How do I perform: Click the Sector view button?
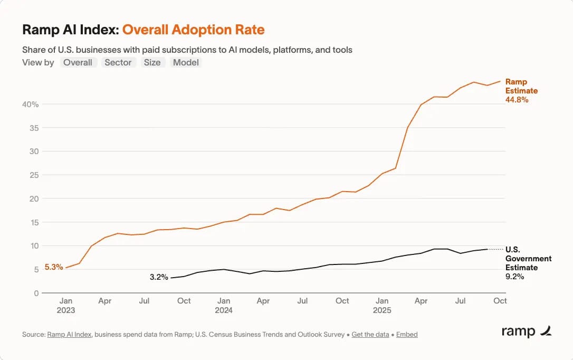118,62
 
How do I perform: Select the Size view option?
152,62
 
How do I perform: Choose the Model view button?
186,62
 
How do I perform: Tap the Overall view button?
78,62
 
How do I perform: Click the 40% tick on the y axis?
31,105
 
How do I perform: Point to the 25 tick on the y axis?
34,175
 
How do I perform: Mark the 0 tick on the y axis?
36,293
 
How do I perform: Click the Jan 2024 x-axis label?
224,305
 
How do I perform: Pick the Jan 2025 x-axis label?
382,305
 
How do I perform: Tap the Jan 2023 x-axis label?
66,305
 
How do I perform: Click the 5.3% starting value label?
53,267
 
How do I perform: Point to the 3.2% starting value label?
158,277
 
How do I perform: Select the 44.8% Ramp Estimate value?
517,99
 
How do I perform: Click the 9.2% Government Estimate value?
514,276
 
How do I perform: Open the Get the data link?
370,334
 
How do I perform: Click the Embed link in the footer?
407,334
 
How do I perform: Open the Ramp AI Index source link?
70,334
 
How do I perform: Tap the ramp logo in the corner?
526,331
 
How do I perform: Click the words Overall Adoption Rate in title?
193,30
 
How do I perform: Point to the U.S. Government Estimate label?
528,258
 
